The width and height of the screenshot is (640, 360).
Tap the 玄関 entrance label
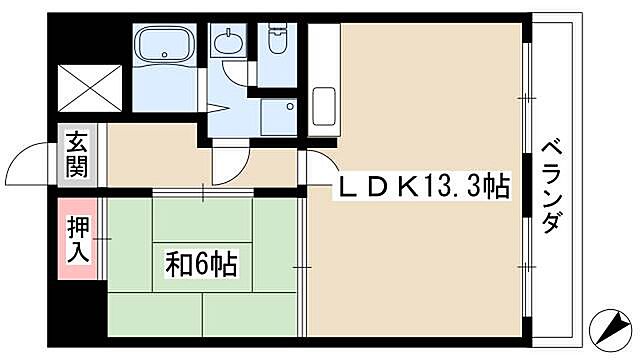[x=76, y=155]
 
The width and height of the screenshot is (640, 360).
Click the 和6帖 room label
[x=201, y=265]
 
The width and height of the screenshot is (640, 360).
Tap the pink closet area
[x=76, y=239]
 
